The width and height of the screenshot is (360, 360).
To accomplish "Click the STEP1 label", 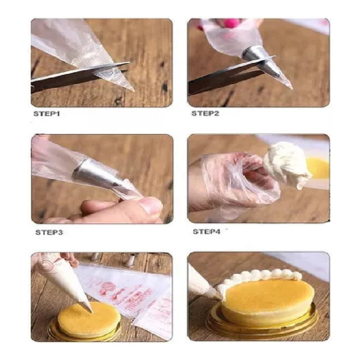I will [47, 114].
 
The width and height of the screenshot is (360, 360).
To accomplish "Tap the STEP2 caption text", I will [205, 113].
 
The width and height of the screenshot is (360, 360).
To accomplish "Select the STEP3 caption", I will [49, 233].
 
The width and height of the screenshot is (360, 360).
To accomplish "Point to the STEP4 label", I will [207, 232].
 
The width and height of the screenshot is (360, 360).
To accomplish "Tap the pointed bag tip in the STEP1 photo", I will [128, 87].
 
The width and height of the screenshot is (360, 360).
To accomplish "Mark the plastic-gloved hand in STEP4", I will [234, 182].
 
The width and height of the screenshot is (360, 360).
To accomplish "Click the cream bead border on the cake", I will [261, 275].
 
